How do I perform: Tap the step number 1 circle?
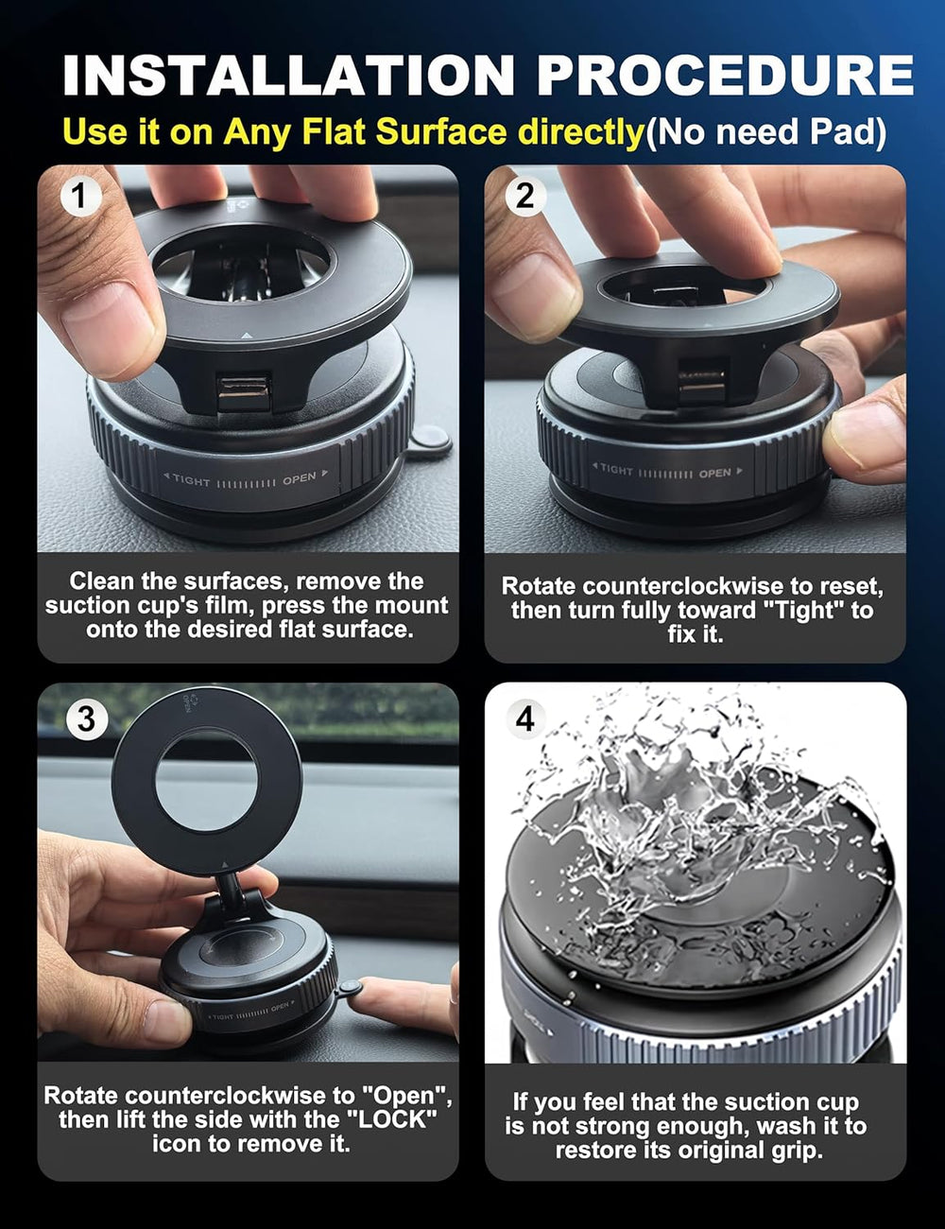pos(79,196)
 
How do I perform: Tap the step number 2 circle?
pos(525,196)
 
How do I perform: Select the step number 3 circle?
pos(85,718)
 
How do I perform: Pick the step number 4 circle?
pos(525,718)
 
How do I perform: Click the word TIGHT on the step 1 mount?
pos(191,481)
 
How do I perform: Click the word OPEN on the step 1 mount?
pos(300,478)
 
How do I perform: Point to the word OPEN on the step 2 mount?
pos(714,473)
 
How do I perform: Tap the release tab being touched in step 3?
pos(350,989)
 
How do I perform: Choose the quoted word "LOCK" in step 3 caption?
pos(397,1120)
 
